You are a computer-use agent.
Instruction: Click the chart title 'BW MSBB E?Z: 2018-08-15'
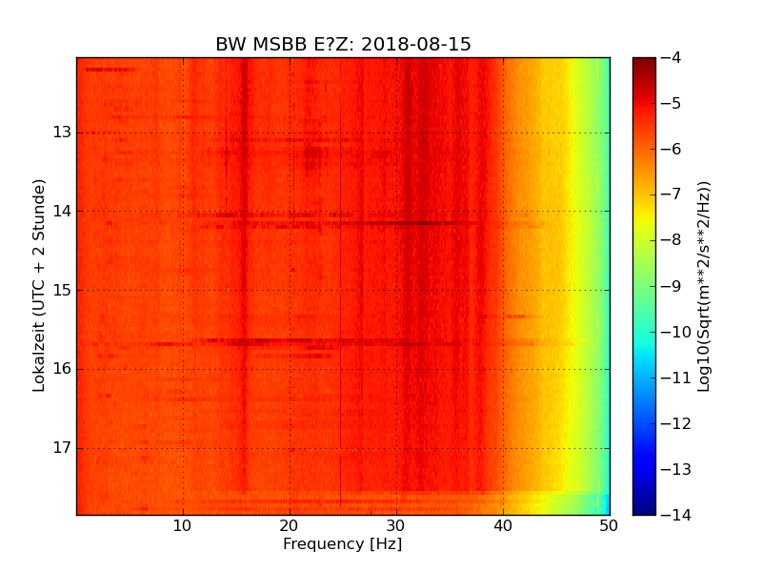pos(343,45)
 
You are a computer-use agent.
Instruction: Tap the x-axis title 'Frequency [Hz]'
pos(342,544)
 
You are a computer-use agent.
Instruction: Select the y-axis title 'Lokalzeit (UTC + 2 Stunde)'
pos(40,285)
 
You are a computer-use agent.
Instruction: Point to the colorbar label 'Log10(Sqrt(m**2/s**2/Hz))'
pos(704,286)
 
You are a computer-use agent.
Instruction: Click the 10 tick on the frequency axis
pos(183,525)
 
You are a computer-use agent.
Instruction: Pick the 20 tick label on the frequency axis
pos(290,525)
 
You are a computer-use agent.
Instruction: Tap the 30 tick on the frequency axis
pos(396,525)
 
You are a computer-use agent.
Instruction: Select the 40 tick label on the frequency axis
pos(503,525)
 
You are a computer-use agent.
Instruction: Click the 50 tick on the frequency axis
pos(610,525)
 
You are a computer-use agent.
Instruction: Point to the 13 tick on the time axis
pos(63,133)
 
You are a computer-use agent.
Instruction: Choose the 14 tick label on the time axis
pos(63,212)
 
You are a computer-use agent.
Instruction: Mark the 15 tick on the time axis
pos(63,291)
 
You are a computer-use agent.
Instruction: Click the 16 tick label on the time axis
pos(63,369)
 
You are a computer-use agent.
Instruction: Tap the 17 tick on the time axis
pos(63,448)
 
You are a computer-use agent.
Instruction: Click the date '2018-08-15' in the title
pos(415,45)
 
